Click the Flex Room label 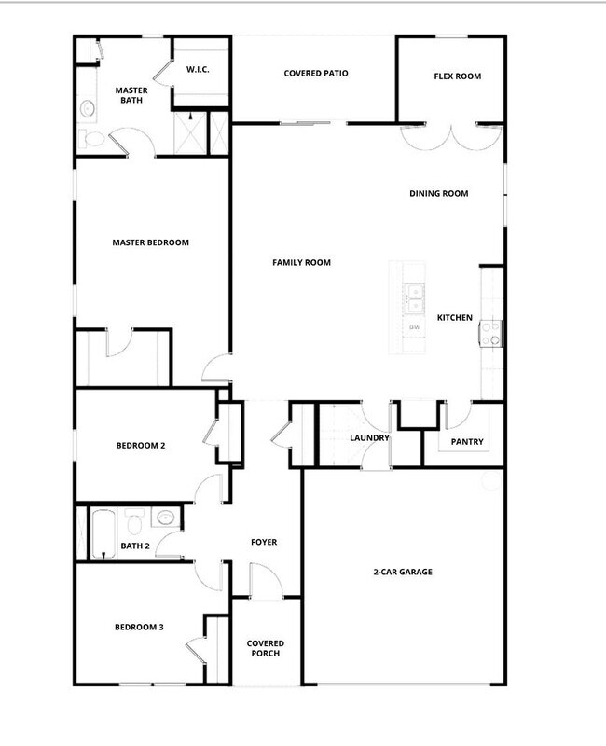458,76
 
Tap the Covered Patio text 316,73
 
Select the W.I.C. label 197,69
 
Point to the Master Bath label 131,96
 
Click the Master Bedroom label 150,242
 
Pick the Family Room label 301,263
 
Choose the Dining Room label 438,194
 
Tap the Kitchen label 455,318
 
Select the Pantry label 466,442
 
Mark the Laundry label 368,437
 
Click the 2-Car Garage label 404,572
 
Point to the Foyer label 264,542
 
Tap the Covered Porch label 265,648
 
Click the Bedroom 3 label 139,627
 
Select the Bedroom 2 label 140,446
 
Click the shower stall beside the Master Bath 193,132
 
